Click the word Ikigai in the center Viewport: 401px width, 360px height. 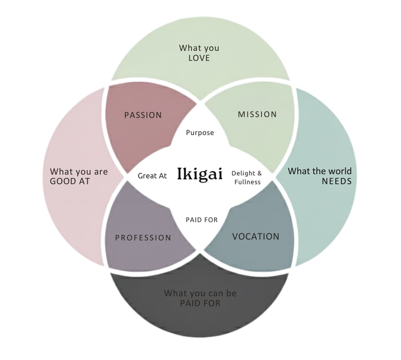[x=200, y=173]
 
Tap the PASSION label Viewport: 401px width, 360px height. [x=143, y=115]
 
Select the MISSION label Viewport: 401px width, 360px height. [x=257, y=114]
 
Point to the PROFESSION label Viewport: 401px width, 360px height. [x=143, y=238]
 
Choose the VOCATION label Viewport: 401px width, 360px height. [x=256, y=236]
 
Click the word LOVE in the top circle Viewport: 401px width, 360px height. [x=199, y=58]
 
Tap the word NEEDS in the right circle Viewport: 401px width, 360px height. [x=336, y=181]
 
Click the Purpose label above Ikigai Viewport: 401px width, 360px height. [x=200, y=133]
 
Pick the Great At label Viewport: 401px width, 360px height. [x=152, y=176]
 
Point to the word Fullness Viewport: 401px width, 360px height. [x=247, y=182]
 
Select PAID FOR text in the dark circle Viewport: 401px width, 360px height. [x=200, y=303]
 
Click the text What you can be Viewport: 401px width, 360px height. [x=200, y=293]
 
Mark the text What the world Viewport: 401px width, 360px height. [x=320, y=171]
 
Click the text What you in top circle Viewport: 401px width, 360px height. [x=199, y=48]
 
